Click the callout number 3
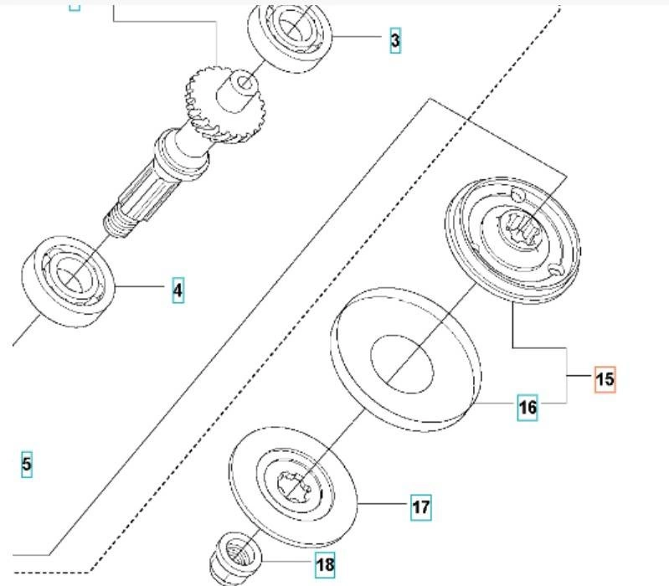(x=395, y=39)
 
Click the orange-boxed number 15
(x=605, y=379)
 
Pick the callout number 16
(x=527, y=408)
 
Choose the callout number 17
(x=420, y=506)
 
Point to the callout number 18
(x=325, y=565)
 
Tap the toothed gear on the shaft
(x=209, y=105)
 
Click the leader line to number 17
(x=385, y=505)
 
